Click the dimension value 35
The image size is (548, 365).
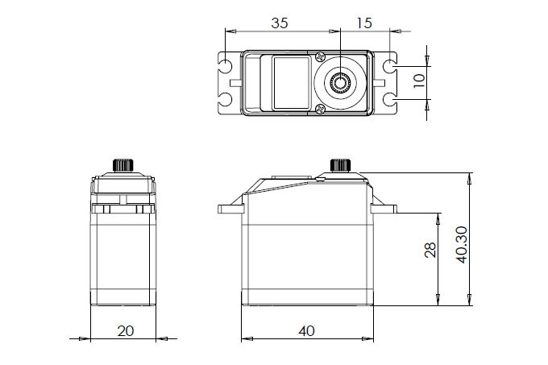(x=280, y=23)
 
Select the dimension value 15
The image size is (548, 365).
(x=363, y=23)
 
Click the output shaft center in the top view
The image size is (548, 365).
(x=341, y=81)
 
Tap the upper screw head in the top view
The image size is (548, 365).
(x=320, y=56)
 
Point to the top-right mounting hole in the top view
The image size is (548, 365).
(x=391, y=64)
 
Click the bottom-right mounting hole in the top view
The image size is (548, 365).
(x=391, y=99)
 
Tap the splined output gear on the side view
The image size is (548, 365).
(x=341, y=165)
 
